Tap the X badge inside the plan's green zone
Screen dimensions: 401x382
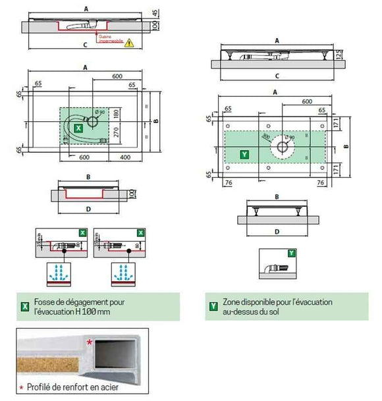[x=79, y=127]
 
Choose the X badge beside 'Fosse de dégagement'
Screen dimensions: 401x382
[x=24, y=306]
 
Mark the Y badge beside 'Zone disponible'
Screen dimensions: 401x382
[x=212, y=306]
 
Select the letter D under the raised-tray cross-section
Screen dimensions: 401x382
[x=277, y=232]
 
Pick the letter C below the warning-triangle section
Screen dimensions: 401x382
[x=85, y=45]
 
